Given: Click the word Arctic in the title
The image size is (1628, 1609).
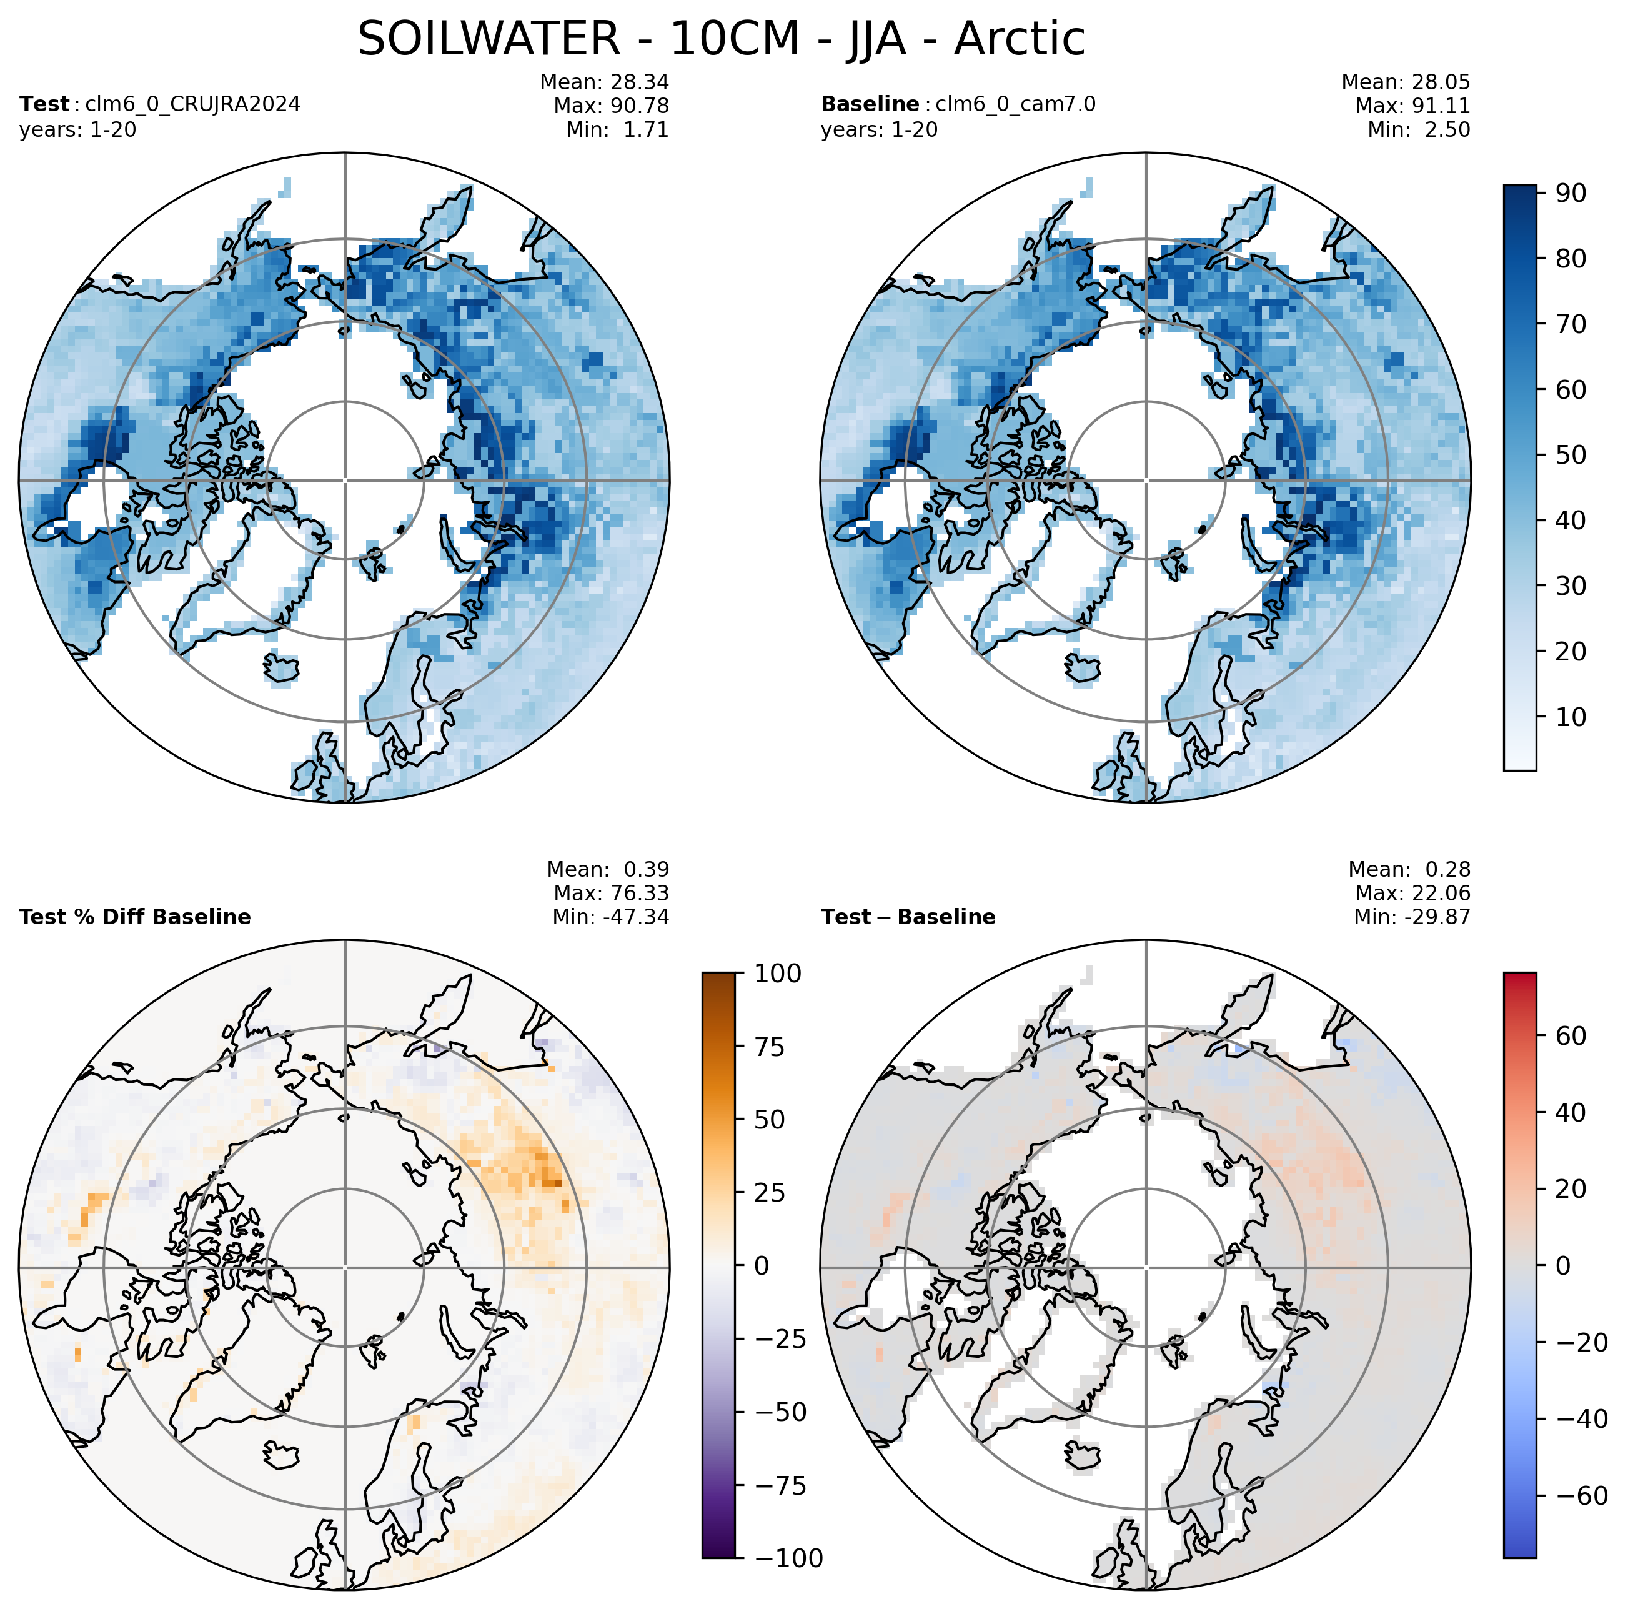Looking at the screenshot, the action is pos(1019,39).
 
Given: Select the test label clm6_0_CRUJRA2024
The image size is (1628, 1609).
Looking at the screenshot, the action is pos(193,104).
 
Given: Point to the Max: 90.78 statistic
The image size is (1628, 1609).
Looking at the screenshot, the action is pos(611,106).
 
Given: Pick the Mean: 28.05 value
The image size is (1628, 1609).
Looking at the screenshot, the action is pos(1406,82).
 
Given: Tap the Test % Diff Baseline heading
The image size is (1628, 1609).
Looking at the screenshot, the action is pos(135,917).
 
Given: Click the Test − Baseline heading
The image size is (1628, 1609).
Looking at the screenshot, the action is pos(908,917).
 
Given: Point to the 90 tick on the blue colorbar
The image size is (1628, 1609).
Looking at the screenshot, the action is pos(1570,193).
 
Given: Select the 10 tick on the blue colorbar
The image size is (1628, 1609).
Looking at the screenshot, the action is pos(1570,717).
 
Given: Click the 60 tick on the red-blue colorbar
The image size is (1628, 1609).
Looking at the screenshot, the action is pos(1571,1036).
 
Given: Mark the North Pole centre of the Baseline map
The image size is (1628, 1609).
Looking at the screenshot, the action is pos(1146,481).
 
